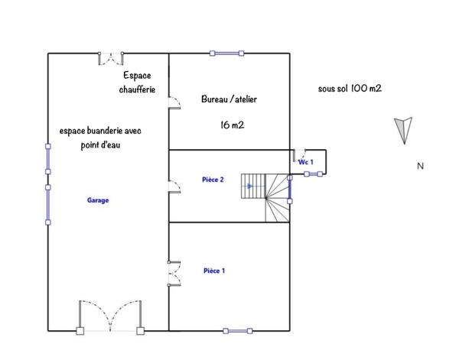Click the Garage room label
pos(98,200)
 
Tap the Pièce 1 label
pos(214,271)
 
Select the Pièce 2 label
pos(213,180)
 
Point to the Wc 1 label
pos(306,162)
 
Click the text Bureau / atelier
pos(229,99)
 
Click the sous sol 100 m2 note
pos(350,89)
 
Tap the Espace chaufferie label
pos(138,83)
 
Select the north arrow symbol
pos(403,129)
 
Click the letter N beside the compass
pos(420,166)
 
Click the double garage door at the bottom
pos(109,317)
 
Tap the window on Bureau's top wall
pos(227,53)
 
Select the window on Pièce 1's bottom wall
pos(238,331)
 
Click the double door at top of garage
pos(113,57)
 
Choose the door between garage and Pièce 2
pos(174,188)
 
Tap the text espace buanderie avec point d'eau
pos(100,138)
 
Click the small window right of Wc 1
pos(314,174)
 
